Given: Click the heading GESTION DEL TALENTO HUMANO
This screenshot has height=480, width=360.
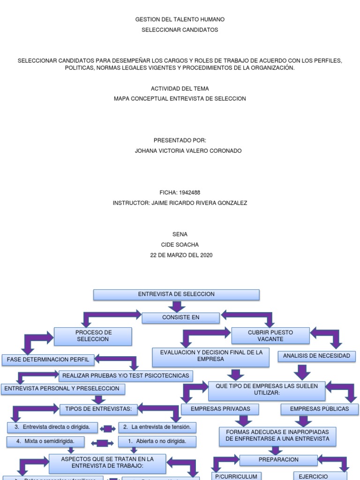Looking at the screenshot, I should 180,20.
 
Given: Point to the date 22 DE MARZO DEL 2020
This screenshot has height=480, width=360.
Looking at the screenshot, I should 181,255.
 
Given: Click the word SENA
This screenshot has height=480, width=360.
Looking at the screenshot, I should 180,234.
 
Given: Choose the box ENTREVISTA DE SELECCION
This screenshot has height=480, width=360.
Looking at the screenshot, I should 176,294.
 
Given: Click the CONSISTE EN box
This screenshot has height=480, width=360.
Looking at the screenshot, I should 180,318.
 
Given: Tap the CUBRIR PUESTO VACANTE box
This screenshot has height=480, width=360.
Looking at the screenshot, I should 270,336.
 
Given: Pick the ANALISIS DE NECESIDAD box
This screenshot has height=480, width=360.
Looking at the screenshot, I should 316,356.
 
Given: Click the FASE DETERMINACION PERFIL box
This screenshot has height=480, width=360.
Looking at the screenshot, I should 47,360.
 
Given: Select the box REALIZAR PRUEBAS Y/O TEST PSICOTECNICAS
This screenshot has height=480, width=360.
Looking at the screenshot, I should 126,375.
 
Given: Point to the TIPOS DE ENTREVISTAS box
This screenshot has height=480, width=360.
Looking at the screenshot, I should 98,409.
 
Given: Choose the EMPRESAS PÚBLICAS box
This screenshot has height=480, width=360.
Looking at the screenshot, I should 319,409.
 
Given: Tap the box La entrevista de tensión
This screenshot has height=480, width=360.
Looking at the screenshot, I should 157,427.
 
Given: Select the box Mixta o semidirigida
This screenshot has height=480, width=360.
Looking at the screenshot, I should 46,442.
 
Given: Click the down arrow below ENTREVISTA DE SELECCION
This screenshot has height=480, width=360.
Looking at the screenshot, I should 176,307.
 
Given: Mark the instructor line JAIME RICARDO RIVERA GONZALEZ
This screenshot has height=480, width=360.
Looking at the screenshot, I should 180,203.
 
